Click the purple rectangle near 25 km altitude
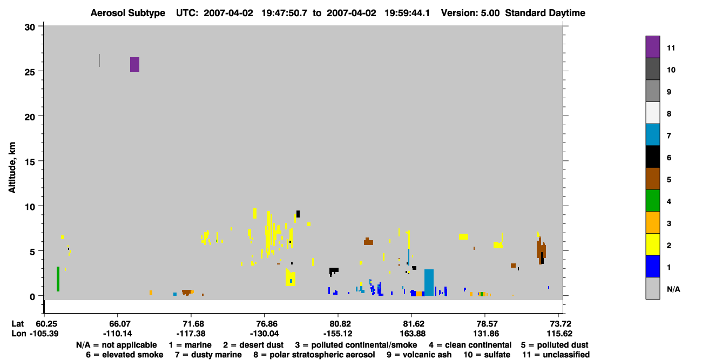tap(135, 65)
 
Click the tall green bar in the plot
tap(58, 279)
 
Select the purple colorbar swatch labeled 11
tap(653, 47)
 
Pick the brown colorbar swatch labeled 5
tap(653, 179)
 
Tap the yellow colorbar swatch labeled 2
tap(653, 244)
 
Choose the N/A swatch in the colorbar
tap(653, 288)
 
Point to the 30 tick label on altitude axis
tap(30, 28)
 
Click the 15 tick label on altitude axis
tap(30, 161)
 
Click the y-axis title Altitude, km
tap(12, 168)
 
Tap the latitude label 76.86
tap(264, 324)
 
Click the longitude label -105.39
tap(44, 334)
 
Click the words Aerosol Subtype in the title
tap(128, 13)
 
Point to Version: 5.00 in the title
tap(470, 13)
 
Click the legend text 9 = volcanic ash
tap(419, 355)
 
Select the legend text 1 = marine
tap(190, 345)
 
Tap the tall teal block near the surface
tap(429, 283)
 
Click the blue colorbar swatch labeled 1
tap(653, 266)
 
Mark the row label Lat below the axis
tap(17, 324)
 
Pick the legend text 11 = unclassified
tap(556, 355)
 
